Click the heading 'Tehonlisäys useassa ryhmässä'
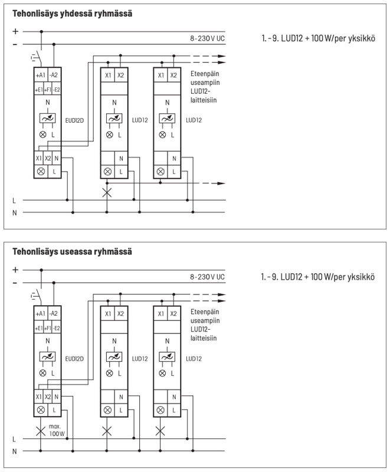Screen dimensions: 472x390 (72, 252)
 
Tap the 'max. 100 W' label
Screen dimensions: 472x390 (57, 429)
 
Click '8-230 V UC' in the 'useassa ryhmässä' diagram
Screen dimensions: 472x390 (207, 276)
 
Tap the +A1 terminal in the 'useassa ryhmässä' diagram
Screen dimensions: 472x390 (41, 313)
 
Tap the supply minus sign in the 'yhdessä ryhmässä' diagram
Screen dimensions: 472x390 (15, 44)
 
